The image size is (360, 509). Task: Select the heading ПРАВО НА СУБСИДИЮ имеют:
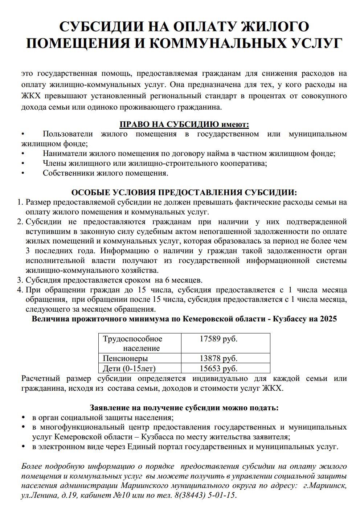click(184, 124)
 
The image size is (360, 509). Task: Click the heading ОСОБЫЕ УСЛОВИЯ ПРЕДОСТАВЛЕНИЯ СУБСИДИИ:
click(184, 192)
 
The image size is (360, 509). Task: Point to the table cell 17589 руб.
click(218, 339)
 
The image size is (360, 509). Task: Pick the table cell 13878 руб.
click(218, 358)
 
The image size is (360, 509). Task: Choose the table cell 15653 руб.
click(218, 369)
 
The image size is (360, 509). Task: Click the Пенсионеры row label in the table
click(125, 358)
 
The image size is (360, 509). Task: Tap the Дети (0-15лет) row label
click(129, 369)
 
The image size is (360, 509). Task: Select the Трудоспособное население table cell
click(133, 343)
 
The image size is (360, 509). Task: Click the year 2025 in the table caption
click(328, 319)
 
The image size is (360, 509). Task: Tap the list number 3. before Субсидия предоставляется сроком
click(20, 280)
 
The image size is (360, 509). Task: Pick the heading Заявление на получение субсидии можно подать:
click(184, 407)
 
